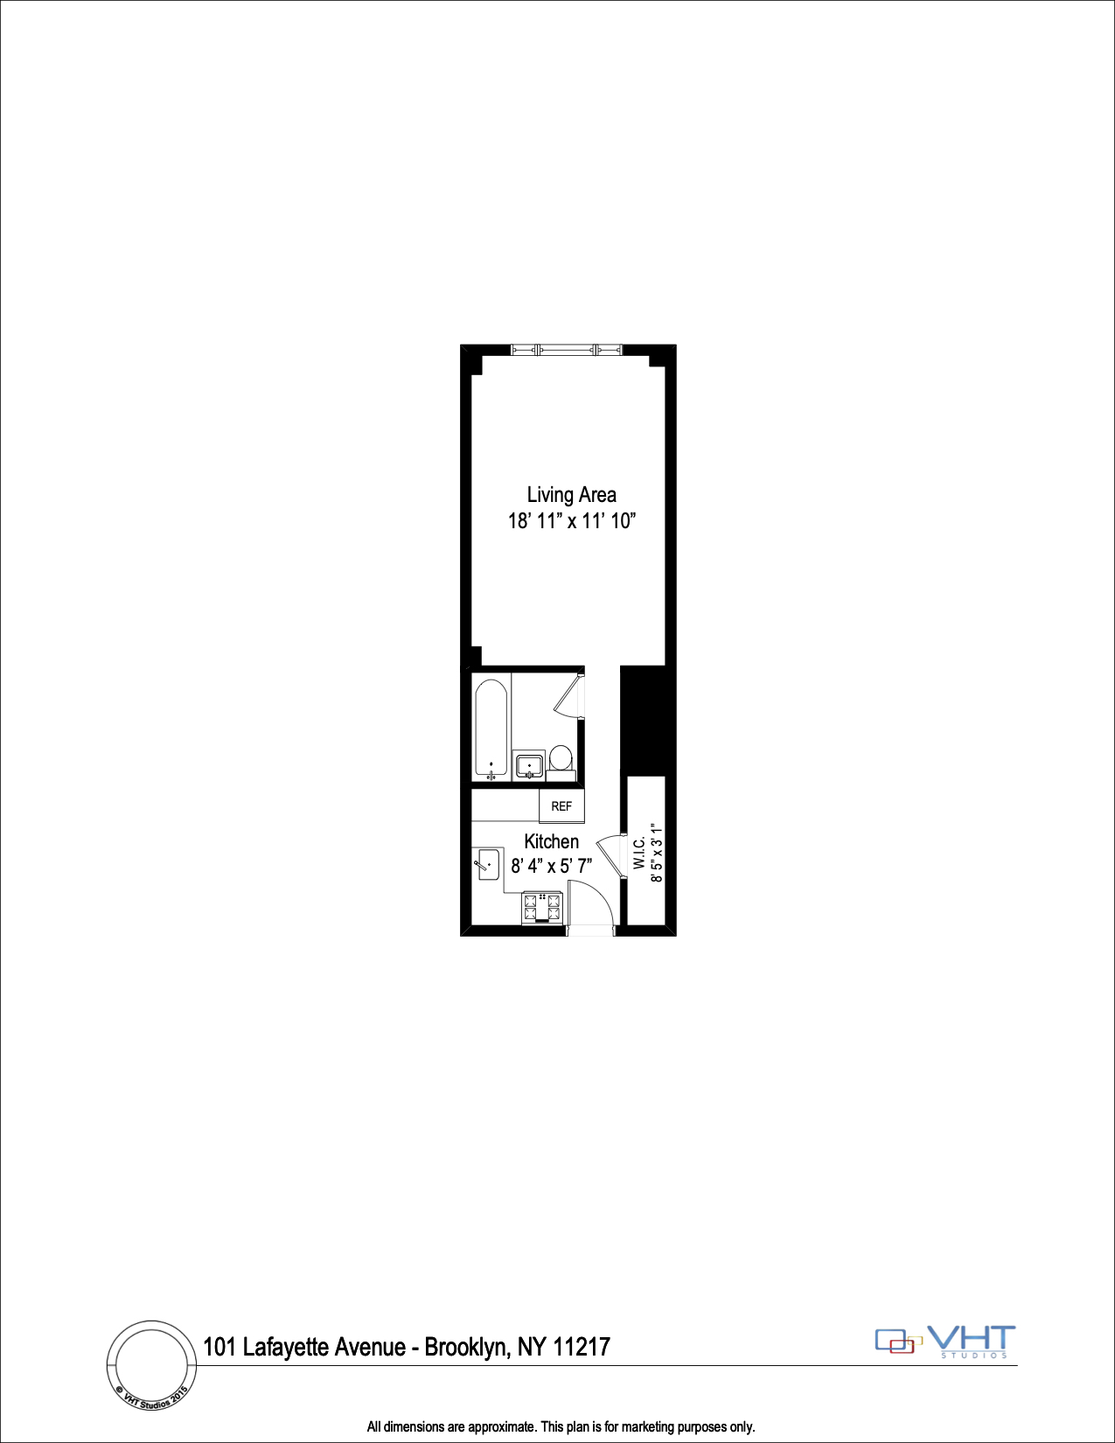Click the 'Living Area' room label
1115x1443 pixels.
tap(571, 495)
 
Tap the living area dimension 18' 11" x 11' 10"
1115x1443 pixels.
tap(571, 521)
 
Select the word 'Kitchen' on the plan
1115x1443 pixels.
tap(551, 841)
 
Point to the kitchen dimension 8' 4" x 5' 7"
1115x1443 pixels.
tap(551, 866)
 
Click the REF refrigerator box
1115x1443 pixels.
tap(561, 806)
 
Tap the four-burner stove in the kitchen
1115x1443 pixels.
tap(542, 908)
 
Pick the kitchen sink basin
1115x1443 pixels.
tap(488, 864)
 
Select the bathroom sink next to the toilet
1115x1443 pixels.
tap(528, 766)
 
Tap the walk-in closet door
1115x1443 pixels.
tap(610, 853)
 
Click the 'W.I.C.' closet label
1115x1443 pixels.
tap(639, 853)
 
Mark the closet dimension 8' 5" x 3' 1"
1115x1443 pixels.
tap(657, 853)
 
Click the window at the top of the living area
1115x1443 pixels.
tap(567, 350)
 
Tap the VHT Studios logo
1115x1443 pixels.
tap(946, 1341)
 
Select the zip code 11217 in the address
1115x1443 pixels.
tap(581, 1347)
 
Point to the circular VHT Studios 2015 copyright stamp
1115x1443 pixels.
tap(152, 1365)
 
